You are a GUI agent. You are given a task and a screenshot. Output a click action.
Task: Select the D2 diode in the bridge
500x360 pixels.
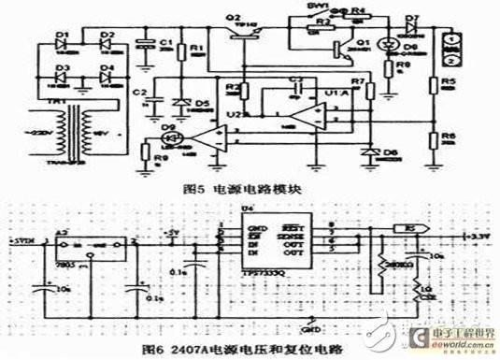click(x=107, y=45)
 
